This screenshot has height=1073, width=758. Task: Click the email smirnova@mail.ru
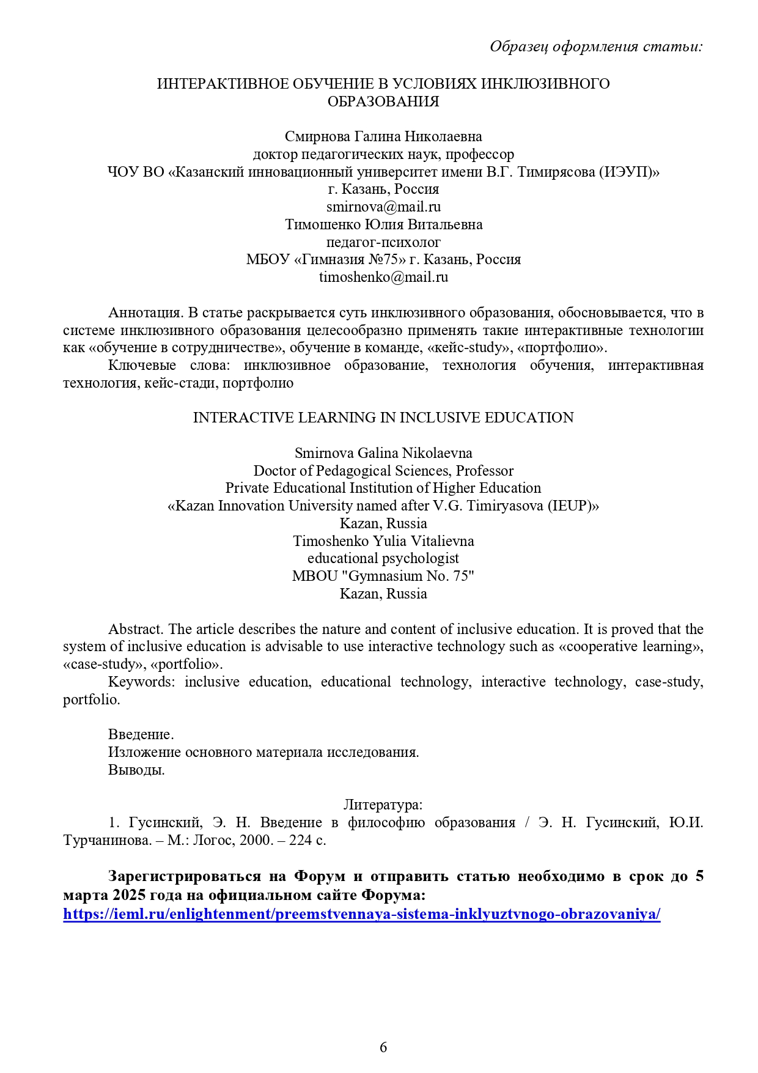coord(383,207)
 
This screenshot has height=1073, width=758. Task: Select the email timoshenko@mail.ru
coord(383,277)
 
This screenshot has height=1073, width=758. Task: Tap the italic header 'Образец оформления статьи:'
coord(596,46)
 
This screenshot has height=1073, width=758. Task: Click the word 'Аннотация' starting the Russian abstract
coord(145,313)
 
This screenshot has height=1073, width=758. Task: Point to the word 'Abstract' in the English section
coord(135,629)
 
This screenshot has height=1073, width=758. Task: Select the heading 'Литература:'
coord(383,805)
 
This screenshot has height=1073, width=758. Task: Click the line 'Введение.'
coord(141,734)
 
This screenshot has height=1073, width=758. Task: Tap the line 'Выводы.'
coord(136,770)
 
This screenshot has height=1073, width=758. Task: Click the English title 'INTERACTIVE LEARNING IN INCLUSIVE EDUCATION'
coord(383,418)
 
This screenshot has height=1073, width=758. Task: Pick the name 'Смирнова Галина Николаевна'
coord(383,136)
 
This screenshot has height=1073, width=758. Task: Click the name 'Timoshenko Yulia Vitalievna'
coord(383,541)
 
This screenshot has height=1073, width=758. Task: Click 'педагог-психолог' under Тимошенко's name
coord(383,242)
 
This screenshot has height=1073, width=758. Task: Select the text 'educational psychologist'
coord(383,558)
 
